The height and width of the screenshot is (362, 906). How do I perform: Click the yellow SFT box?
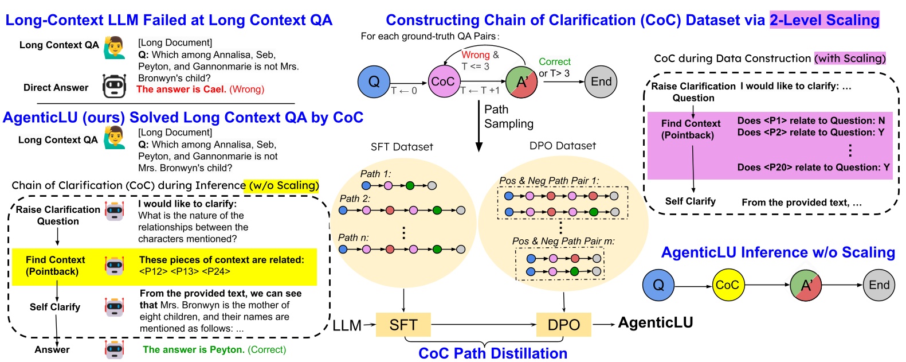[x=403, y=325]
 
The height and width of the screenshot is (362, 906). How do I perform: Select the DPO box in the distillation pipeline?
[x=563, y=325]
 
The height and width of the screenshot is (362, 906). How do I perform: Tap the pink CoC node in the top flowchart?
[x=443, y=81]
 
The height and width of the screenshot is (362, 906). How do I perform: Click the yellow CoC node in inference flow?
[x=727, y=285]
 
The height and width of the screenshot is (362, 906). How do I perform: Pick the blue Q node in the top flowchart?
[x=374, y=81]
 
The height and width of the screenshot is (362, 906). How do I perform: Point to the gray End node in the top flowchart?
[x=601, y=81]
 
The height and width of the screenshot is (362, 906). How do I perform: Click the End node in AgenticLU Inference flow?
[x=878, y=285]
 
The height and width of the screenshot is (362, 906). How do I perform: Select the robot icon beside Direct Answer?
[x=114, y=86]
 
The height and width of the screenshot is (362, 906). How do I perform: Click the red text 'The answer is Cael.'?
[x=181, y=89]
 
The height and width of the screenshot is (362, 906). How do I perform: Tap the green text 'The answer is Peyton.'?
[x=194, y=349]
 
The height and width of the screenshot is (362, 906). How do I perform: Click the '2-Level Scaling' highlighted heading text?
[x=824, y=20]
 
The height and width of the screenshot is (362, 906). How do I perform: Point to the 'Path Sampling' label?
[x=508, y=116]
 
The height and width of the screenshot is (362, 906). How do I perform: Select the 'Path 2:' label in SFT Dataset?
[x=355, y=198]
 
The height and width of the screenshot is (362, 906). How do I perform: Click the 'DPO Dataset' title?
[x=562, y=146]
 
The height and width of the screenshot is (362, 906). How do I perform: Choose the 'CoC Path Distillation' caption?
[x=493, y=353]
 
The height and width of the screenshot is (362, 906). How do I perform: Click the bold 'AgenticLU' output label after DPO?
[x=656, y=322]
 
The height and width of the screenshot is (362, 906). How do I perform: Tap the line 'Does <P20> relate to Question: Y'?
[x=813, y=168]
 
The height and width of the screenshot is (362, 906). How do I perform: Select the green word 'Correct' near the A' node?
[x=554, y=61]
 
